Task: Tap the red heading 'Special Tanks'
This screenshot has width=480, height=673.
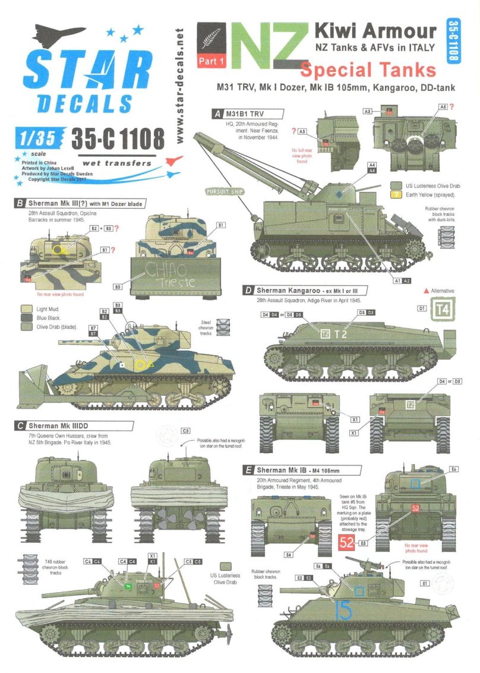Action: (x=368, y=70)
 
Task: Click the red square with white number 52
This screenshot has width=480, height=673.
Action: (x=346, y=542)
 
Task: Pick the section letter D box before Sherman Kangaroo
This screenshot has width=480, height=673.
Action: (x=248, y=290)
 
